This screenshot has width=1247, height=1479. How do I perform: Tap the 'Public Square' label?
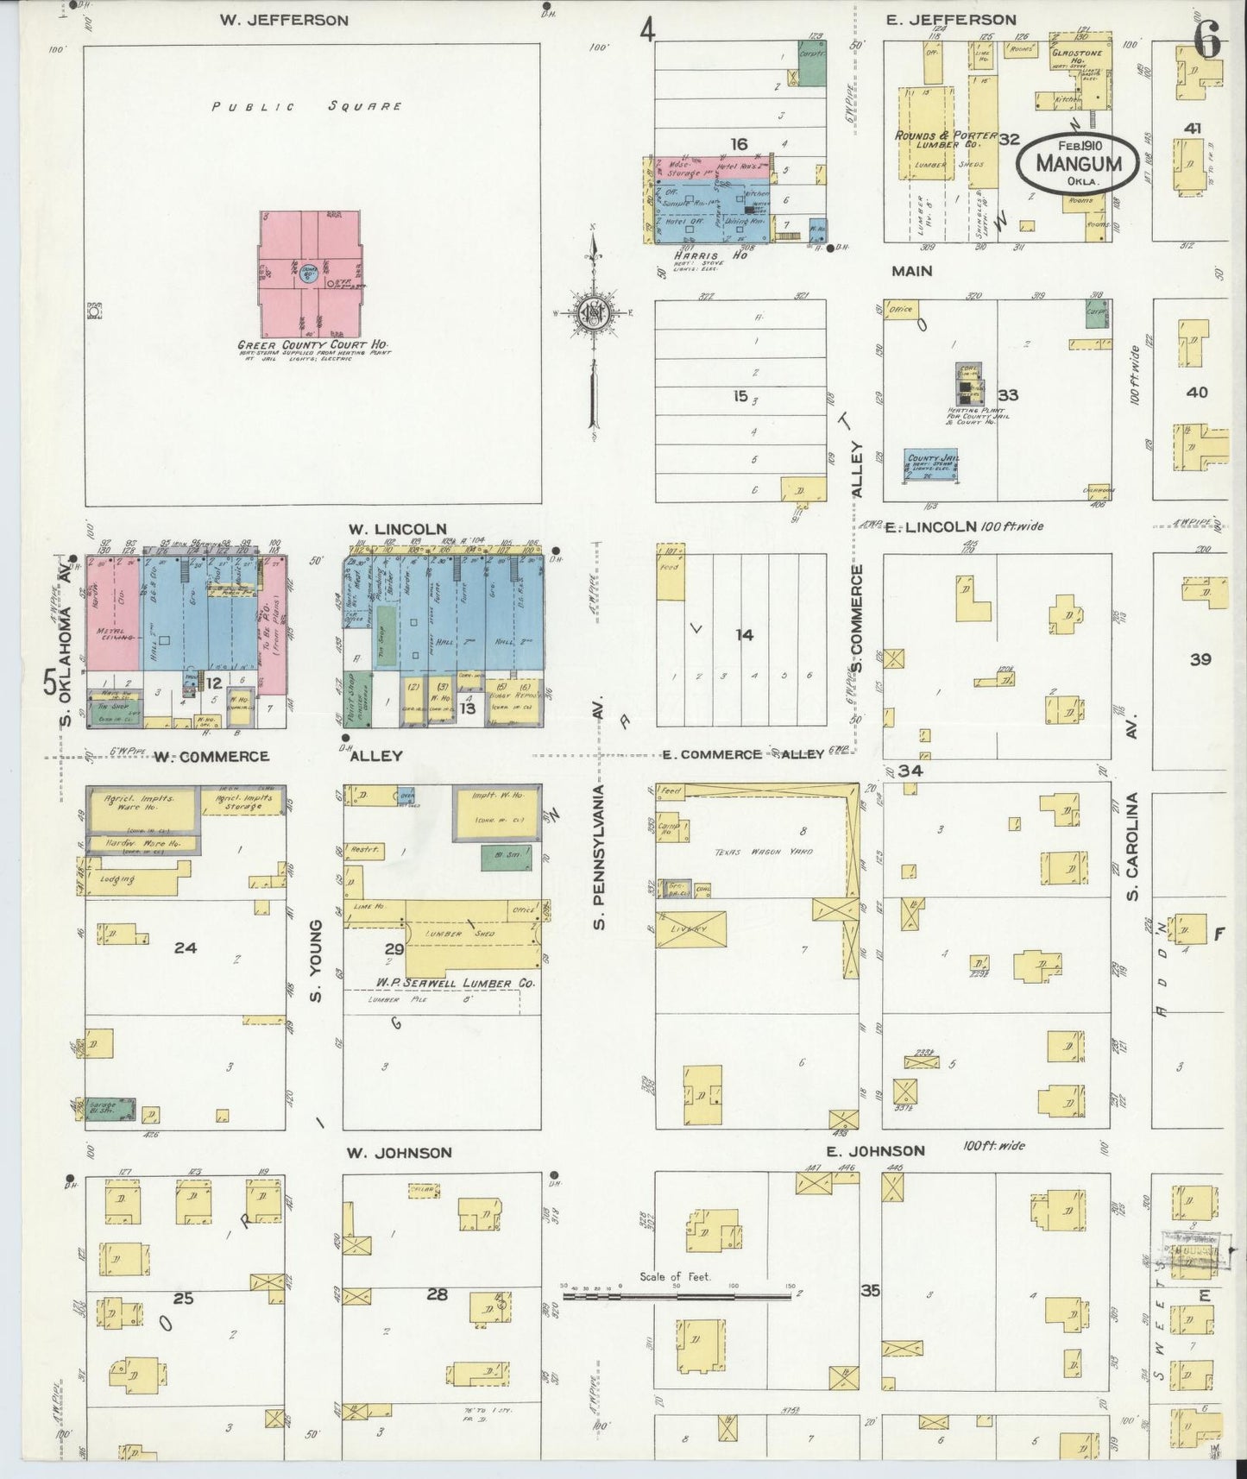point(308,107)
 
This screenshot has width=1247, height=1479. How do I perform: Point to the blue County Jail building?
point(932,465)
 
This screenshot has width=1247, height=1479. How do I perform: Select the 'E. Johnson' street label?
point(875,1150)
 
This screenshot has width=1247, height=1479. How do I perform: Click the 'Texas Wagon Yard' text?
point(752,852)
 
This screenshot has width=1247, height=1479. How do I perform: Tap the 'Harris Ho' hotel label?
point(703,255)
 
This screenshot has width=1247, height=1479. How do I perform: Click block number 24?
point(185,947)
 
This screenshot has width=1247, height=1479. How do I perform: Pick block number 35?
point(870,1291)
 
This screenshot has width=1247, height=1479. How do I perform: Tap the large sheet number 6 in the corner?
point(1206,41)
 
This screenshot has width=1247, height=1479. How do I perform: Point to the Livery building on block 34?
point(691,928)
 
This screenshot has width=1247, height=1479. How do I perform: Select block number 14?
point(744,635)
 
